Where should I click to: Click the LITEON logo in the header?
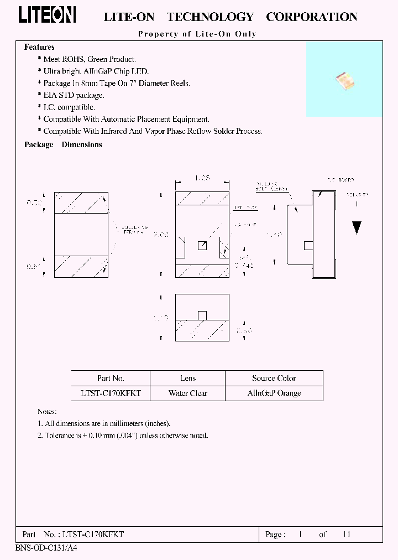point(48,15)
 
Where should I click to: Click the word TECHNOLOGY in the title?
point(210,17)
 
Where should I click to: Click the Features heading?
point(39,48)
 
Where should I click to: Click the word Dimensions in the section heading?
point(82,144)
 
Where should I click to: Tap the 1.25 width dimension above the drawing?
point(202,179)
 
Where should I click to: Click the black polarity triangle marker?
point(357,227)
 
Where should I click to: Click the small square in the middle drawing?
point(202,246)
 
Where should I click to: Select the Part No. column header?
point(111,378)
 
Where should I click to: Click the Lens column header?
point(188,378)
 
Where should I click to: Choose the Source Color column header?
point(274,378)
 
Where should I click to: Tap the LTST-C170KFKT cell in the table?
point(111,393)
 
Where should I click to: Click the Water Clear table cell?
point(188,393)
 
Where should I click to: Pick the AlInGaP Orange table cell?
point(274,393)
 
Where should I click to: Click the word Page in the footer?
point(275,535)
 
